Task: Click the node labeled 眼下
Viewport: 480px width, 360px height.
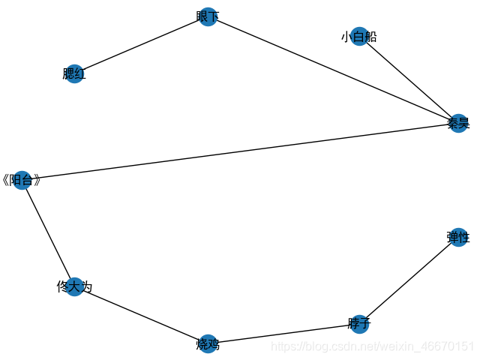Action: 208,17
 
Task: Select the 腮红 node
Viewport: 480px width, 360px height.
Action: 73,73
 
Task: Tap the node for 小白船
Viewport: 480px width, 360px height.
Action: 358,36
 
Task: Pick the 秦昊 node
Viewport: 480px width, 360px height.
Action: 457,124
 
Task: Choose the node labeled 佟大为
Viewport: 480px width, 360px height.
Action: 73,286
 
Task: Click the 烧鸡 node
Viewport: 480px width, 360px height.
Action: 208,344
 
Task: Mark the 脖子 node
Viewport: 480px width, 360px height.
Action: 359,324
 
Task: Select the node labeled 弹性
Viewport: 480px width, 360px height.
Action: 457,238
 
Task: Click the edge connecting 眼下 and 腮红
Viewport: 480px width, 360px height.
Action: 141,45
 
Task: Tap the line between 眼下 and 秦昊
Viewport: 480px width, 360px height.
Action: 333,70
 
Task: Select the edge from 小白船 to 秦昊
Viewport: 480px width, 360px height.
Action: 408,79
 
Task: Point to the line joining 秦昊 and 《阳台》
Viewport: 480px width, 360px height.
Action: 239,152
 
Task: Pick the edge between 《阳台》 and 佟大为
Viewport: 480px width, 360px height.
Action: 47,233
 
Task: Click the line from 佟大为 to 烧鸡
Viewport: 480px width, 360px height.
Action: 141,315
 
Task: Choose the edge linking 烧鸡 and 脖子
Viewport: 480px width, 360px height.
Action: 283,334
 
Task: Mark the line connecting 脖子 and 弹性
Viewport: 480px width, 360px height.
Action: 409,280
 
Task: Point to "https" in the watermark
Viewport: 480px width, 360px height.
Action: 282,346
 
